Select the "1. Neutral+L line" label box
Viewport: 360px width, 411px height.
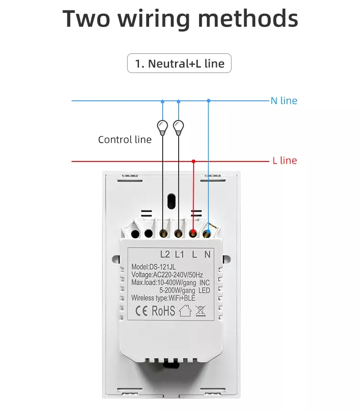[x=179, y=63]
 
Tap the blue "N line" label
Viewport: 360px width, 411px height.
[x=283, y=101]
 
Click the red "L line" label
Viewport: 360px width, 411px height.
[x=284, y=161]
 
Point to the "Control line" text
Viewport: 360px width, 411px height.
[x=125, y=140]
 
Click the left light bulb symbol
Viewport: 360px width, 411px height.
[x=162, y=126]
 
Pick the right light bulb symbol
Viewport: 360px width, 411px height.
[x=179, y=126]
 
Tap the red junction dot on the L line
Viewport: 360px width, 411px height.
[x=194, y=161]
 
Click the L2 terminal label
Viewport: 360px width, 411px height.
[x=165, y=255]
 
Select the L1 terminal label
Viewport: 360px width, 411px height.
[x=179, y=255]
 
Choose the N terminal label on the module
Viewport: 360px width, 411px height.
[x=207, y=255]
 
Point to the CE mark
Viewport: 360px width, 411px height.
[x=141, y=311]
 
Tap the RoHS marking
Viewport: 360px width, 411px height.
[x=163, y=311]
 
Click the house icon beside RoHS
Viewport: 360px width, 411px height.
[x=185, y=311]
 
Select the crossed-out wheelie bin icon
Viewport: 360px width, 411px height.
[x=200, y=311]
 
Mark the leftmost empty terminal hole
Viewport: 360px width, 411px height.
[x=135, y=234]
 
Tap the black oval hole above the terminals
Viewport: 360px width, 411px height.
[x=172, y=200]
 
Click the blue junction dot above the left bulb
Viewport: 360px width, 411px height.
[x=162, y=101]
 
